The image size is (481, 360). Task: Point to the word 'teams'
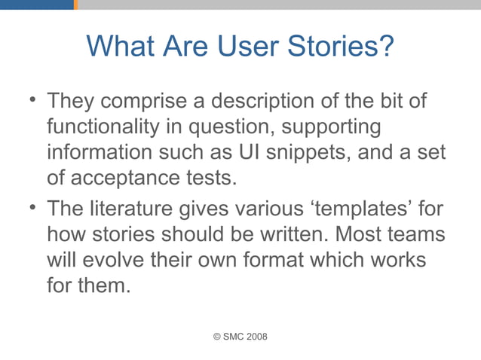415,233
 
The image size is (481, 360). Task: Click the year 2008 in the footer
254,336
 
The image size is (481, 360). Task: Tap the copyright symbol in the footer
218,336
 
